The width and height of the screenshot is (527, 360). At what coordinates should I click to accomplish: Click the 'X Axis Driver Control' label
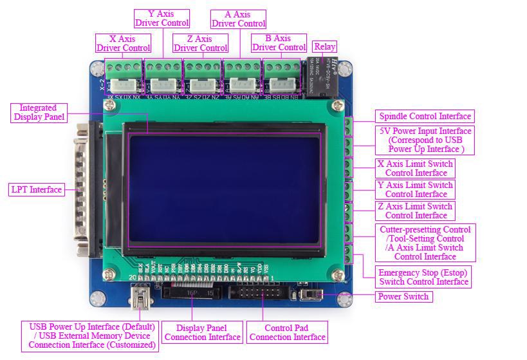click(123, 43)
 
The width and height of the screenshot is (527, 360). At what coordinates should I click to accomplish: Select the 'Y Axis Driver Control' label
click(162, 18)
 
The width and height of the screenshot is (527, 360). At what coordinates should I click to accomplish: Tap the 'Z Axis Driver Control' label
click(200, 43)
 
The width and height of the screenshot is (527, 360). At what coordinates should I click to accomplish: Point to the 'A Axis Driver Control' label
click(238, 19)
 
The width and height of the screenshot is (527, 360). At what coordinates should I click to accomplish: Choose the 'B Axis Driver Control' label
click(279, 43)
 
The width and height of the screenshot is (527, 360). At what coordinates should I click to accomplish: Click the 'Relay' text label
click(324, 46)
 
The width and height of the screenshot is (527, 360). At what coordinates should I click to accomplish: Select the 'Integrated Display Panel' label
click(38, 112)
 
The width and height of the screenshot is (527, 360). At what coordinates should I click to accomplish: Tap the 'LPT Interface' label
click(37, 189)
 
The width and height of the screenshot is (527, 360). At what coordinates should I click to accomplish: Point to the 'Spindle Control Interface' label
click(425, 117)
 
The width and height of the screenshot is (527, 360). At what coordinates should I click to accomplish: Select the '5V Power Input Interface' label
click(425, 140)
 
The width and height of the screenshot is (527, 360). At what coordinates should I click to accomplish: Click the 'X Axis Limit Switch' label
click(416, 168)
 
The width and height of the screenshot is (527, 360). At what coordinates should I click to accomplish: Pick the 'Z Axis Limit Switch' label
click(416, 211)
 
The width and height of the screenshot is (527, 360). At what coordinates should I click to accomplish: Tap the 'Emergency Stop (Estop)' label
click(423, 277)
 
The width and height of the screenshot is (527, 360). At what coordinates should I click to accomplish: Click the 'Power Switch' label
click(403, 296)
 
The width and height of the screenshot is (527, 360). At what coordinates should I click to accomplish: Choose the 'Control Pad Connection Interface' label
click(287, 332)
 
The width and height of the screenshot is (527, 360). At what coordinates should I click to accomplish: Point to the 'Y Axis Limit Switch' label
click(416, 189)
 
